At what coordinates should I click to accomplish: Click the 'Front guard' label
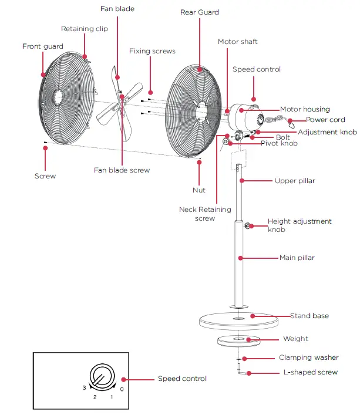point(42,46)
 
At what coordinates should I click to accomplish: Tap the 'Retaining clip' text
point(84,29)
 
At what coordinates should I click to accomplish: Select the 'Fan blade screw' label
point(122,170)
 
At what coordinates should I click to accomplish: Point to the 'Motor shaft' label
point(237,42)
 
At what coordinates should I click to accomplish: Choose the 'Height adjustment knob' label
point(300,225)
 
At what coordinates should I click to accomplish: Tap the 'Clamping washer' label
point(308,357)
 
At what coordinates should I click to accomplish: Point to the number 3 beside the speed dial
point(83,388)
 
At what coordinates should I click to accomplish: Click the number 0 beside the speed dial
point(122,389)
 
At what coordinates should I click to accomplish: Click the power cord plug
point(292,124)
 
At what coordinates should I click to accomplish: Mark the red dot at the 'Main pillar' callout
point(240,258)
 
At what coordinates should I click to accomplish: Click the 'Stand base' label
point(309,316)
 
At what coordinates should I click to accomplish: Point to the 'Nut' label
point(199,190)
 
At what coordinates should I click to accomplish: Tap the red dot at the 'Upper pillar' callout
point(240,181)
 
